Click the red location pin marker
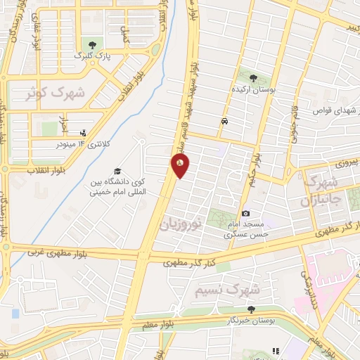click(x=180, y=165)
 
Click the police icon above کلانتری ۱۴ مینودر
click(x=84, y=132)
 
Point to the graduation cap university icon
click(x=117, y=172)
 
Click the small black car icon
click(x=224, y=121)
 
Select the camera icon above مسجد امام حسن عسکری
click(x=245, y=213)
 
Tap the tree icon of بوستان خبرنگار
click(x=251, y=309)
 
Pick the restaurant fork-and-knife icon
click(x=276, y=350)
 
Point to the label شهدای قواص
click(x=329, y=111)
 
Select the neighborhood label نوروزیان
click(x=181, y=224)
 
